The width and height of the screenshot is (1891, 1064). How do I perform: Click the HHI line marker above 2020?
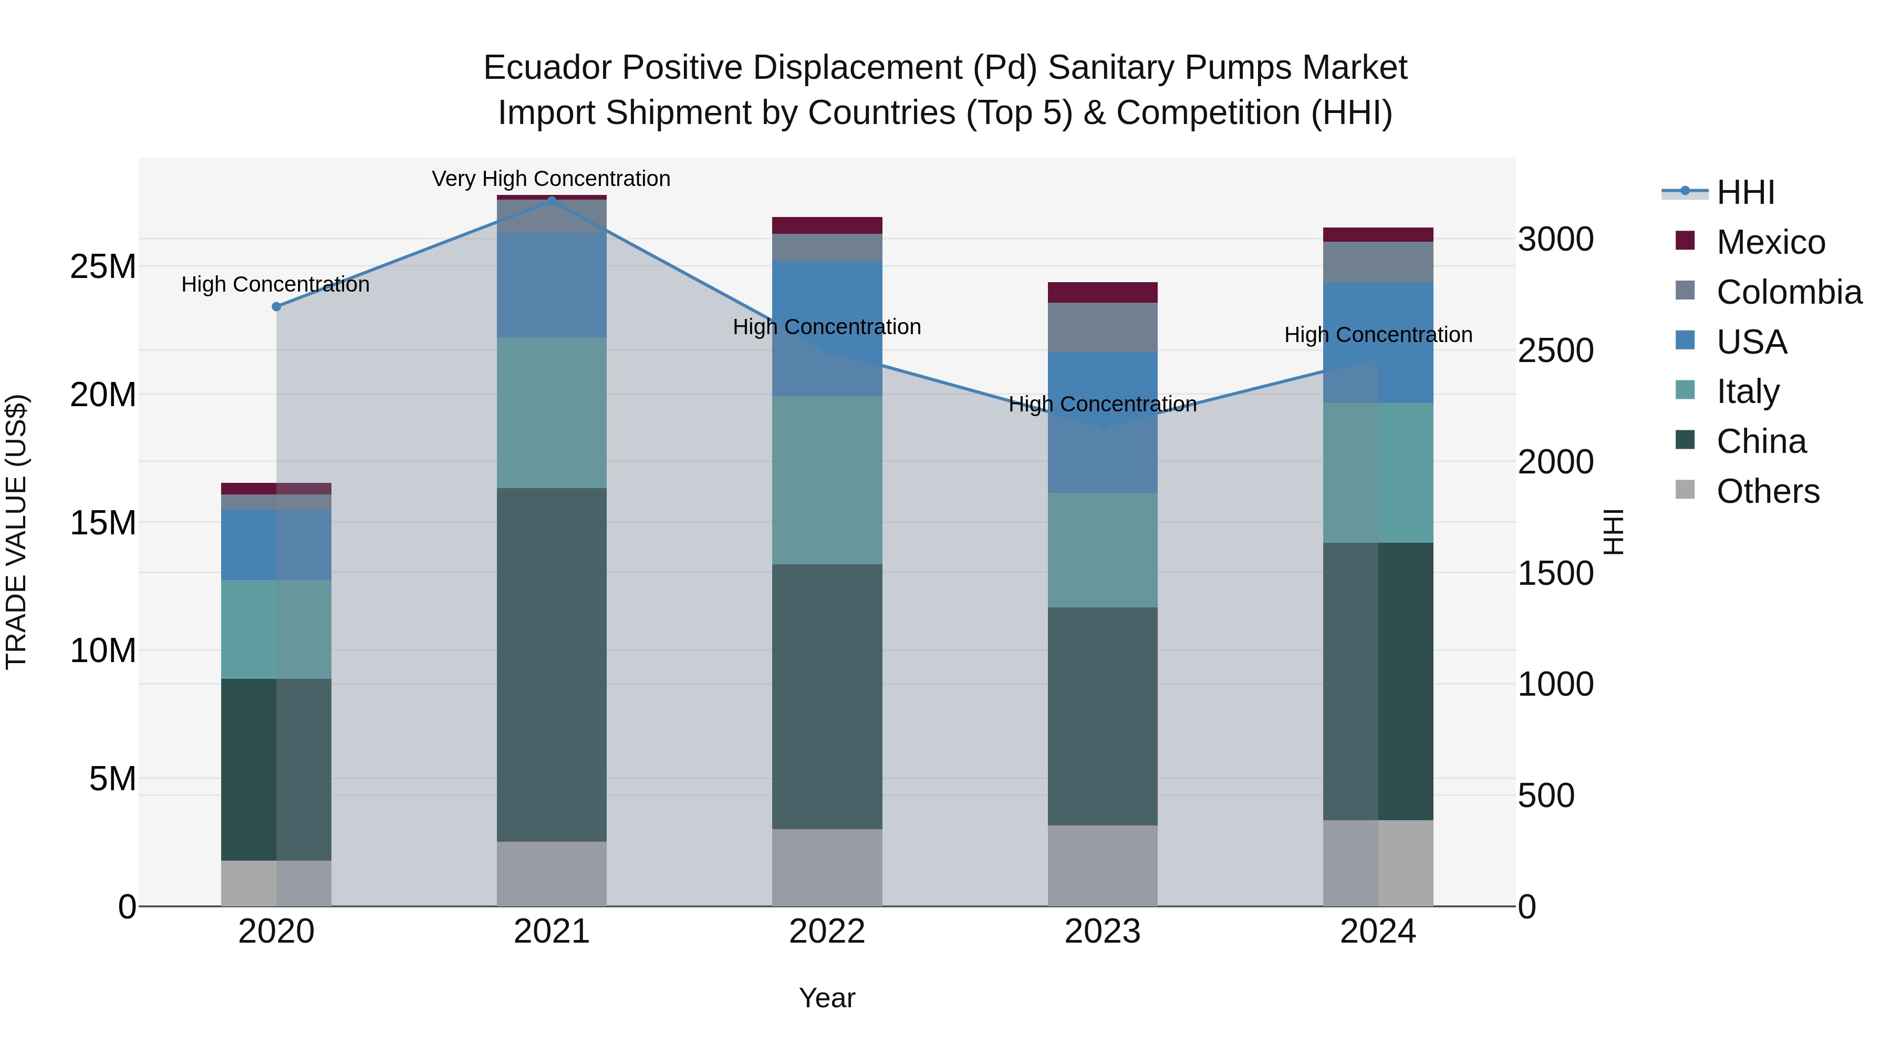pyautogui.click(x=276, y=307)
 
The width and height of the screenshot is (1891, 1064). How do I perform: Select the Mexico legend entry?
pyautogui.click(x=1770, y=242)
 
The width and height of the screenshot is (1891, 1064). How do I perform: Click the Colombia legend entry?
pyautogui.click(x=1788, y=292)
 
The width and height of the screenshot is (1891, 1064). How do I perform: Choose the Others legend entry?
pyautogui.click(x=1767, y=491)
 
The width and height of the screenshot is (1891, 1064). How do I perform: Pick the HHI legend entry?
pyautogui.click(x=1745, y=192)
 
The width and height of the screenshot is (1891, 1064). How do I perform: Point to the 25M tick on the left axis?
pyautogui.click(x=103, y=266)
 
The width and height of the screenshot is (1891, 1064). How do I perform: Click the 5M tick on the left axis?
pyautogui.click(x=112, y=778)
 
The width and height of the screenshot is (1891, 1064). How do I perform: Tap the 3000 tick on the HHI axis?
pyautogui.click(x=1555, y=240)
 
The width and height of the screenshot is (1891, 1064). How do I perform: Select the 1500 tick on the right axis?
pyautogui.click(x=1555, y=573)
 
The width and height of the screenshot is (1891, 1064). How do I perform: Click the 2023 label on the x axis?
pyautogui.click(x=1102, y=932)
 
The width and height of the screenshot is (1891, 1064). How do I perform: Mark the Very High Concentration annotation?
pyautogui.click(x=550, y=179)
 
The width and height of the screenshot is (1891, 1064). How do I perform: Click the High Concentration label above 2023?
pyautogui.click(x=1102, y=405)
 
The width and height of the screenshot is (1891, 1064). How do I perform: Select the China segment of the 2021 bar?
pyautogui.click(x=552, y=665)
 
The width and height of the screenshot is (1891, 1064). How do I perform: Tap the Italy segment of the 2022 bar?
pyautogui.click(x=827, y=480)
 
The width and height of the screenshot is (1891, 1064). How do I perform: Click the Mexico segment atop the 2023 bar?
pyautogui.click(x=1102, y=292)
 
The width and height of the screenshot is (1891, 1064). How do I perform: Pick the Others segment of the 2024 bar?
pyautogui.click(x=1378, y=863)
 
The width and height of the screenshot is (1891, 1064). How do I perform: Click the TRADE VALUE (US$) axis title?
pyautogui.click(x=16, y=532)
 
